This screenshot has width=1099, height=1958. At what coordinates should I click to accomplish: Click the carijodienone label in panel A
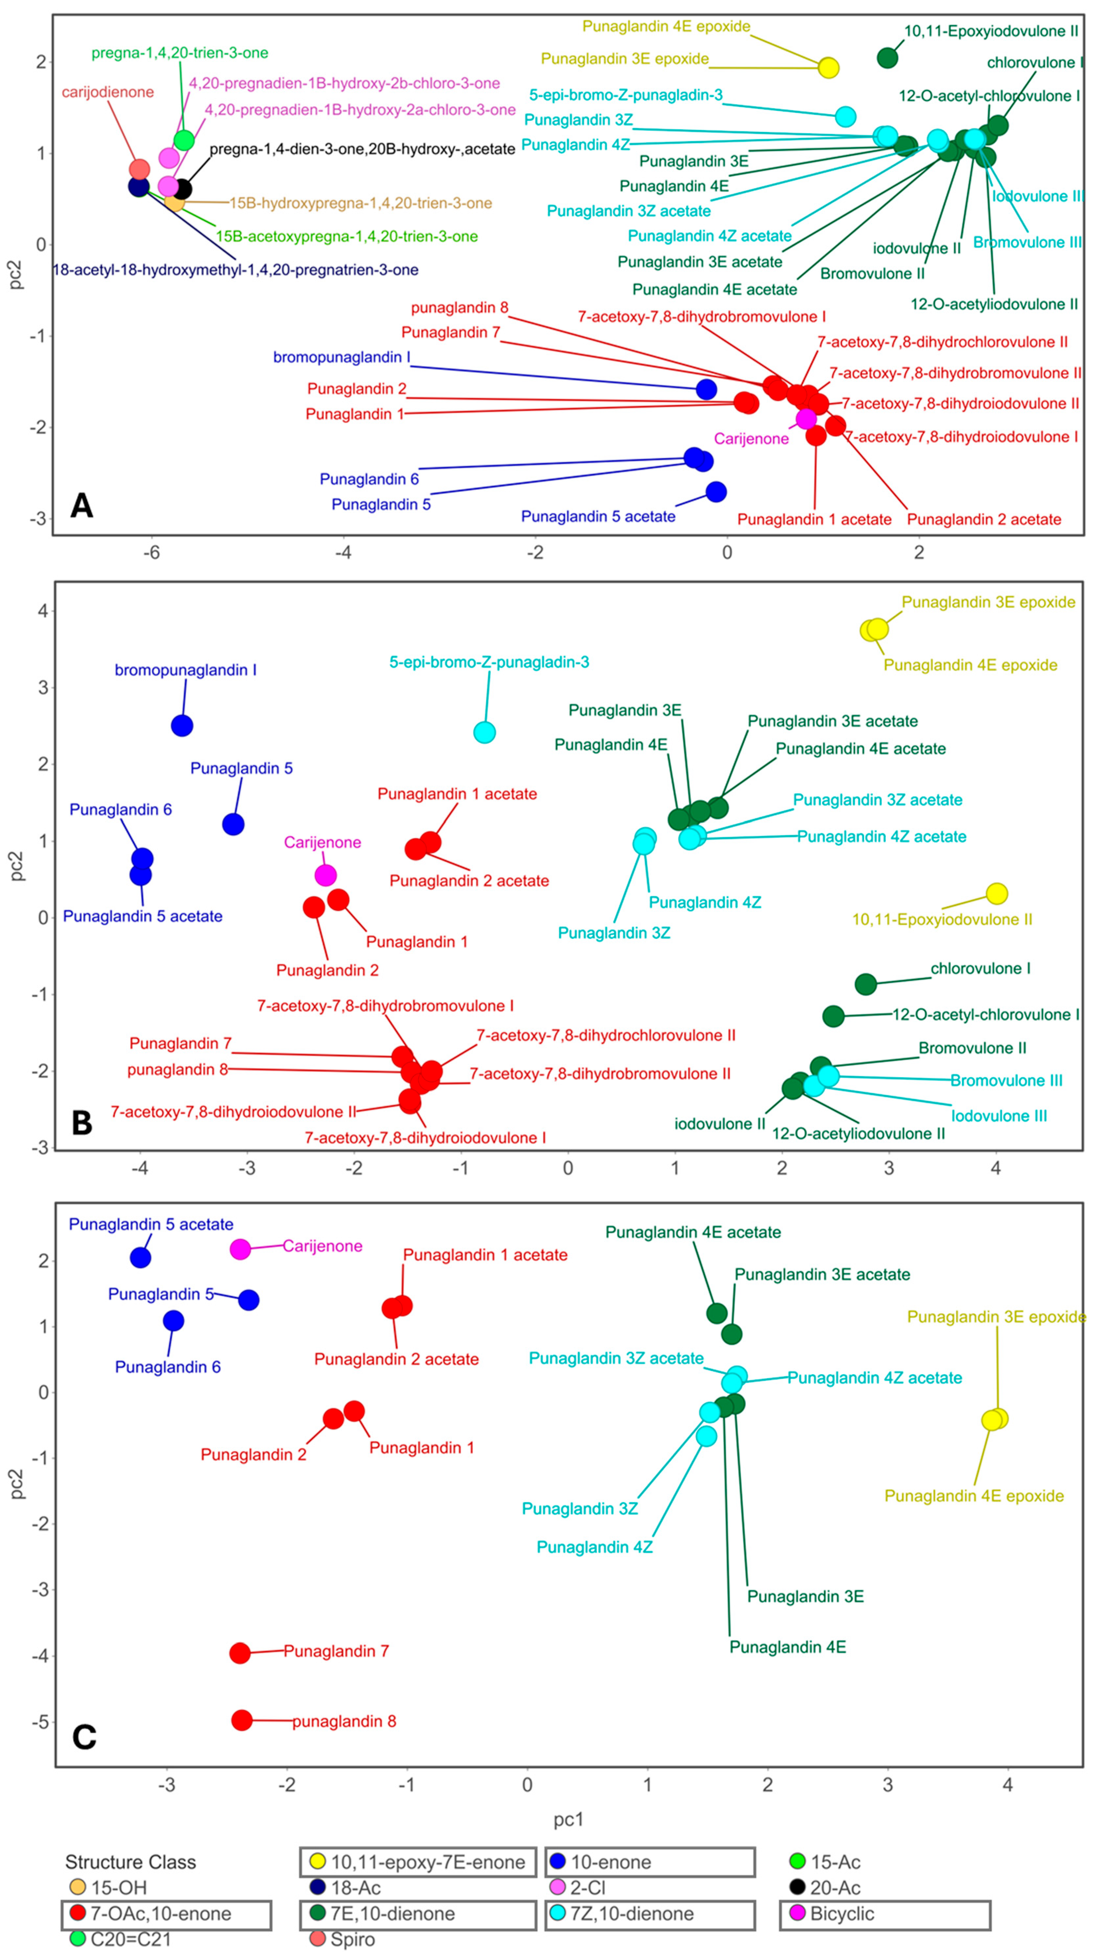coord(108,92)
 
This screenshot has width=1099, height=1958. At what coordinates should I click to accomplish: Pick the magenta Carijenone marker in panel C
coord(240,1249)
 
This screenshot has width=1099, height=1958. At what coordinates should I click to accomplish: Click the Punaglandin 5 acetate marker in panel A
coord(716,492)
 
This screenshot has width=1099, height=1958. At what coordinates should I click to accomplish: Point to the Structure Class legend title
coord(131,1862)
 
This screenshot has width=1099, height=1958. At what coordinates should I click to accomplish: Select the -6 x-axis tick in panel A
coord(152,553)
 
